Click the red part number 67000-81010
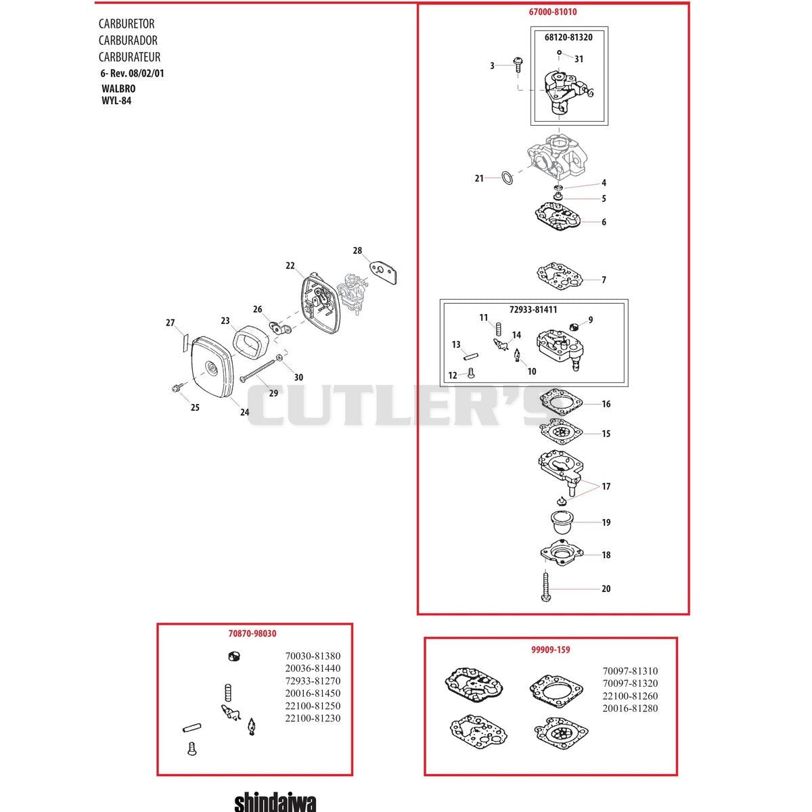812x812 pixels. pos(552,12)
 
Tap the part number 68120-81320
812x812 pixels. pos(568,37)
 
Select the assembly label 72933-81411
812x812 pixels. pos(533,309)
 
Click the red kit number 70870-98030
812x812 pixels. pos(252,633)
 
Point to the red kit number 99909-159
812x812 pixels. pos(550,650)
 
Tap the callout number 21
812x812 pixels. pos(479,178)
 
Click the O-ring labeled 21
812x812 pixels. pos(507,179)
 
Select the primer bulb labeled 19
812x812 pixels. pos(562,522)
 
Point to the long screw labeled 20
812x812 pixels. pos(545,586)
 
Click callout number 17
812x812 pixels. pos(606,487)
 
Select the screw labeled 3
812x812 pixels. pos(518,65)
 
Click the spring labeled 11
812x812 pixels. pos(499,329)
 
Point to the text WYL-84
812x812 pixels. pos(116,101)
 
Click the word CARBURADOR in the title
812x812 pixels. pos(128,41)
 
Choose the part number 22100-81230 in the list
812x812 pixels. pos(313,718)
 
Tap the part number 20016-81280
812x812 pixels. pos(630,708)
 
